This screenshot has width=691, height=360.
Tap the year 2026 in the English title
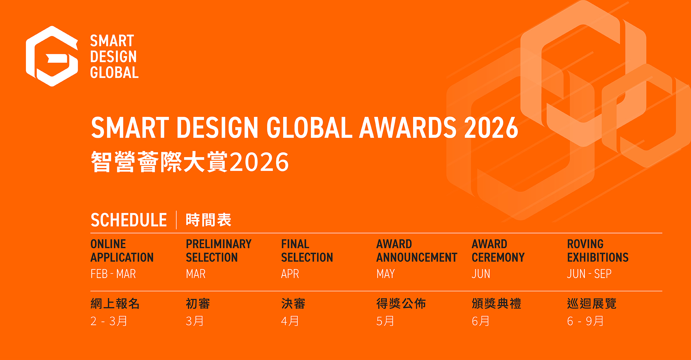pyautogui.click(x=491, y=128)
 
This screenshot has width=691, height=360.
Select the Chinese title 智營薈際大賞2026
pyautogui.click(x=190, y=162)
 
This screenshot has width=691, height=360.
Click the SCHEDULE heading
pyautogui.click(x=128, y=220)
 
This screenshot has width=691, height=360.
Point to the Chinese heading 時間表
pyautogui.click(x=208, y=220)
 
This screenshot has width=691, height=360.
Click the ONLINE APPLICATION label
pyautogui.click(x=122, y=251)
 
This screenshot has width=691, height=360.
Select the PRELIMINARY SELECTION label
pyautogui.click(x=218, y=251)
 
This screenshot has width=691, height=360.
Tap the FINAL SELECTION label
pyautogui.click(x=307, y=251)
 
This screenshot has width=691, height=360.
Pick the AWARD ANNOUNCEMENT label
pyautogui.click(x=417, y=251)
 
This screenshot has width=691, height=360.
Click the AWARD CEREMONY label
pyautogui.click(x=498, y=251)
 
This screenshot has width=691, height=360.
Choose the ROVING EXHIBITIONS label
pyautogui.click(x=598, y=251)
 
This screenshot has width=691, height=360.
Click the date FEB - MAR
pyautogui.click(x=113, y=274)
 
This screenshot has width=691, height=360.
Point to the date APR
pyautogui.click(x=290, y=274)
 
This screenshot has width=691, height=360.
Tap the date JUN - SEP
pyautogui.click(x=589, y=274)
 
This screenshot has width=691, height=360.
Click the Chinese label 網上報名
pyautogui.click(x=115, y=304)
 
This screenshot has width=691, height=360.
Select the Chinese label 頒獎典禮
pyautogui.click(x=496, y=304)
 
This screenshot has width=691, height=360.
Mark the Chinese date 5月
pyautogui.click(x=385, y=321)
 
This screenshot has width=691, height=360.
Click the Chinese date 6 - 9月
pyautogui.click(x=585, y=321)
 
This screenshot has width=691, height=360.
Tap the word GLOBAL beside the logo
pyautogui.click(x=114, y=73)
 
